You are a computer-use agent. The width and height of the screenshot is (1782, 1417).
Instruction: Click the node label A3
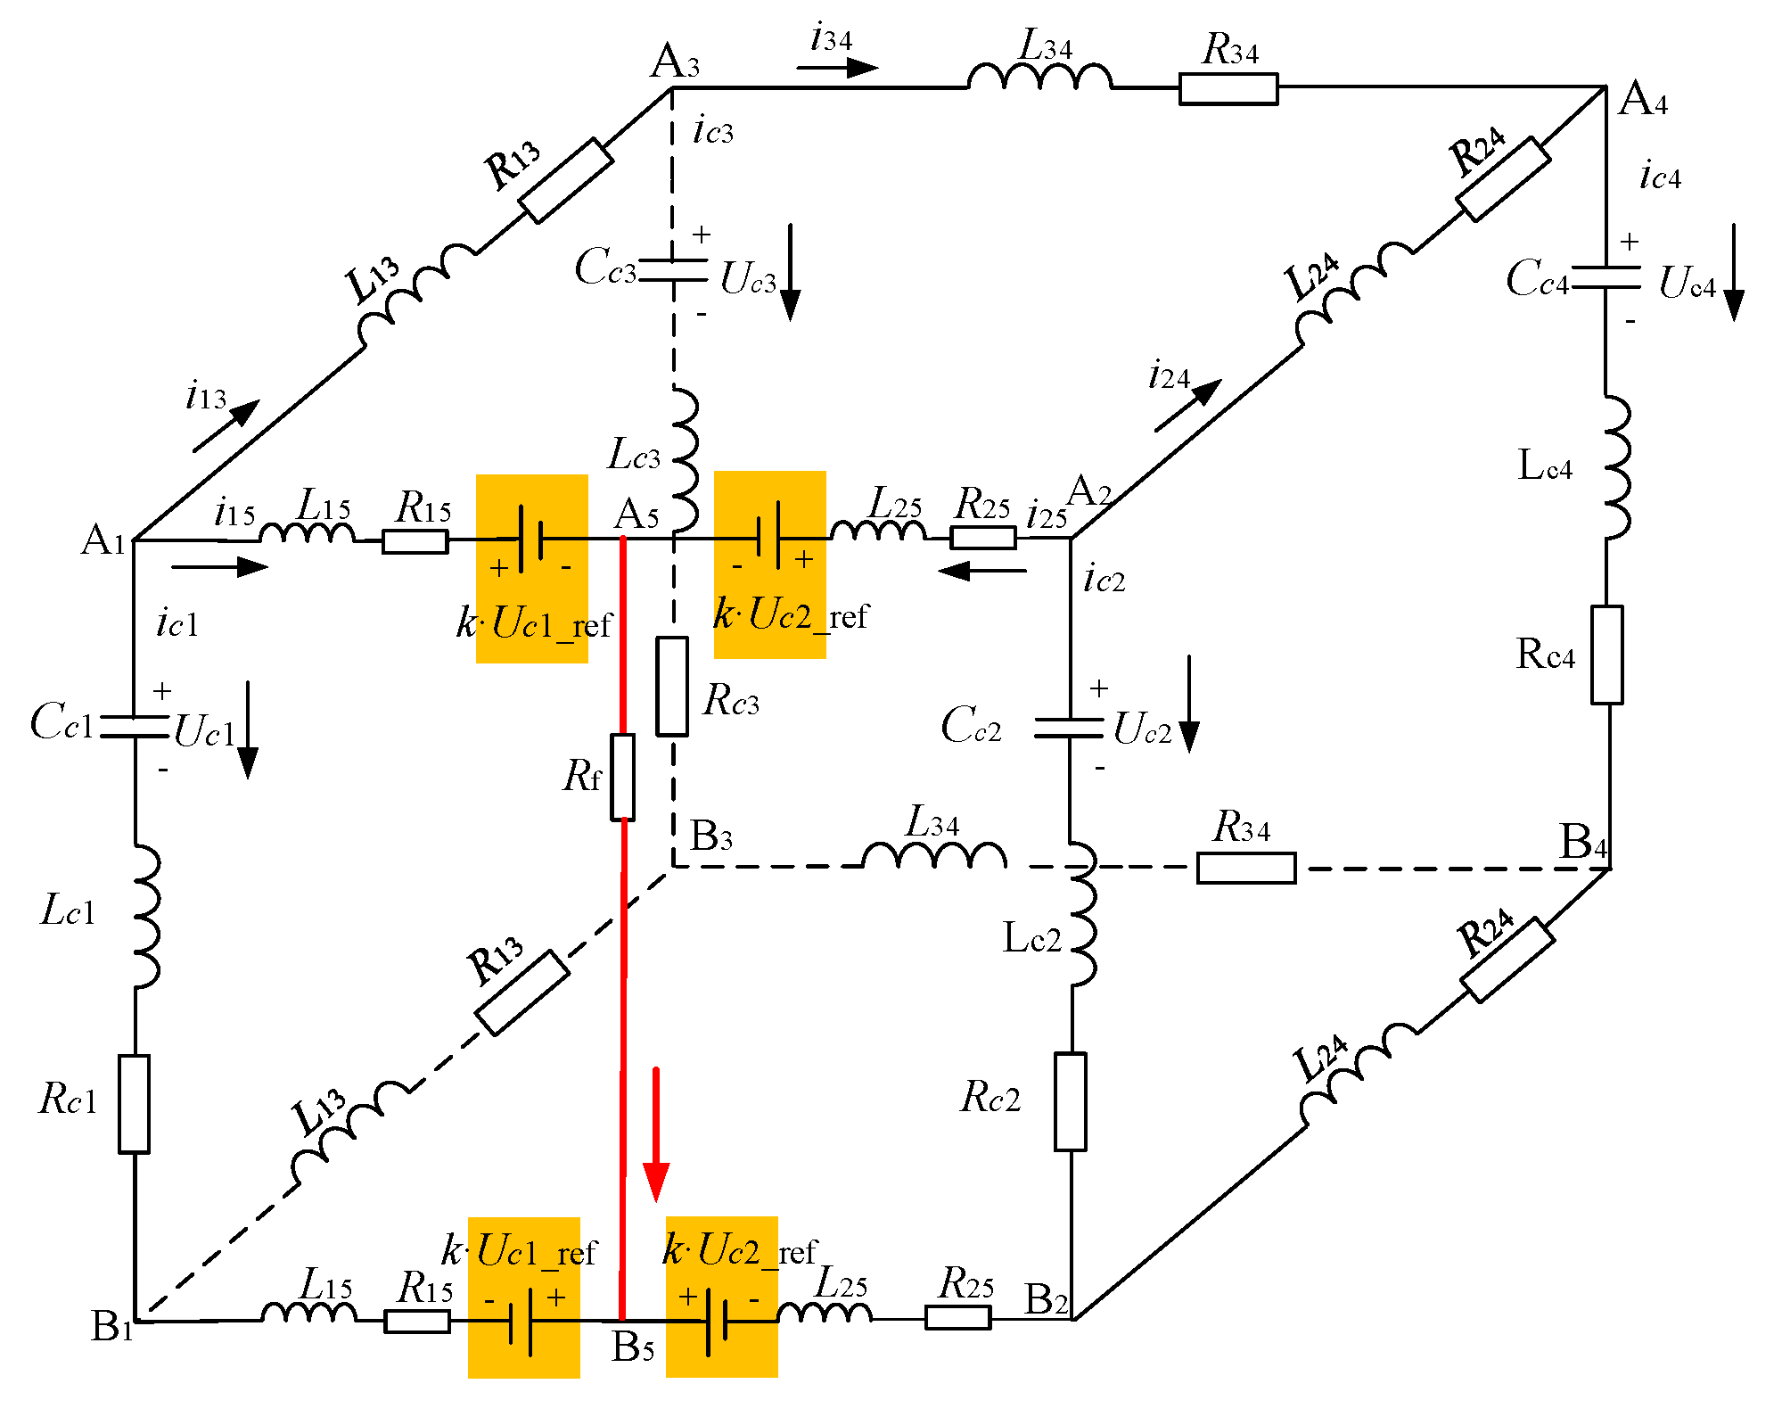point(675,62)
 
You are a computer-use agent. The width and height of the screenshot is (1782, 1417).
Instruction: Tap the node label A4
point(1642,99)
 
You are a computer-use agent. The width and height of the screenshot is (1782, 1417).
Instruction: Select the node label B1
point(112,1326)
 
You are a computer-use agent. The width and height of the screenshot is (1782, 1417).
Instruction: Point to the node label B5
point(633,1347)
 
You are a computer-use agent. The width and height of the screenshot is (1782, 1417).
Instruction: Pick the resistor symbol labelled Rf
point(623,777)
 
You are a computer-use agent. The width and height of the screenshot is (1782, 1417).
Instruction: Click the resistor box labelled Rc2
point(1071,1101)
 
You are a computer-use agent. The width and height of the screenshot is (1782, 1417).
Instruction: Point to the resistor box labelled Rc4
point(1607,655)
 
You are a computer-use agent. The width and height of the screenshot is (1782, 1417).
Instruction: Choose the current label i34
point(831,38)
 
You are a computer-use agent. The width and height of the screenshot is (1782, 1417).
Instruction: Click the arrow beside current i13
point(226,425)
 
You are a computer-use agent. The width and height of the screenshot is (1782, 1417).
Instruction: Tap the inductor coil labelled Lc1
point(145,916)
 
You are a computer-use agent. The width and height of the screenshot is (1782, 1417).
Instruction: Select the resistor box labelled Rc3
point(672,686)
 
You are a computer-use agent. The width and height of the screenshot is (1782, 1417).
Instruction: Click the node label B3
point(711,836)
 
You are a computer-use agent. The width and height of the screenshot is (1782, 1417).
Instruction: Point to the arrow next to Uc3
point(790,272)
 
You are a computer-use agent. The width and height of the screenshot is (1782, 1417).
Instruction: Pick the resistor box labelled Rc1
point(135,1103)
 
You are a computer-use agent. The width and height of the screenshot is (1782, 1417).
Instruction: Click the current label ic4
point(1660,176)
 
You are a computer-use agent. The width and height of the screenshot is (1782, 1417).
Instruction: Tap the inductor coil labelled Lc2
point(1081,914)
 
